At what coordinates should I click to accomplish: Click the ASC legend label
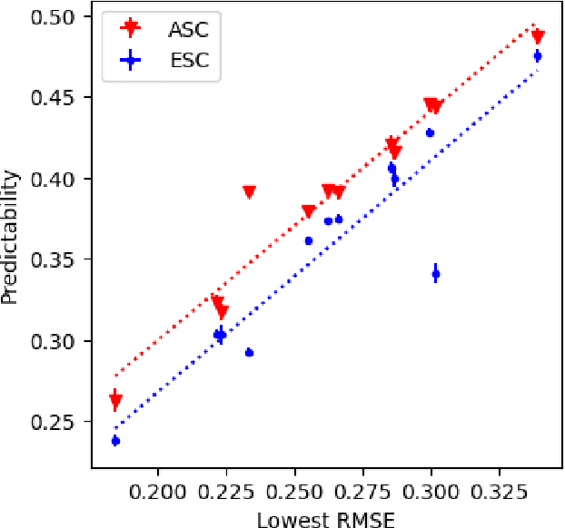[188, 29]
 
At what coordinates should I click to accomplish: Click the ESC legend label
[188, 61]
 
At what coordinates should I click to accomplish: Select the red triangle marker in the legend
[133, 29]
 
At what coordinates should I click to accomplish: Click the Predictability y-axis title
[11, 240]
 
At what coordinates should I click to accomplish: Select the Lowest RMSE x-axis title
[325, 518]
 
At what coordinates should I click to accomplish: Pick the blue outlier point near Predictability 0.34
[435, 273]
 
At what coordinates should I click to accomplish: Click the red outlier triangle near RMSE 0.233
[249, 192]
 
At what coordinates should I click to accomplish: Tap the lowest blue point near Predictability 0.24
[115, 441]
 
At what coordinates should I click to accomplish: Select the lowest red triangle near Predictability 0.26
[115, 400]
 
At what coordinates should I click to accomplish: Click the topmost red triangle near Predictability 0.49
[538, 36]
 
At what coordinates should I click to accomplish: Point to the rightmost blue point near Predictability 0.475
[538, 56]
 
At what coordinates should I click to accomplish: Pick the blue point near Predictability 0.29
[249, 352]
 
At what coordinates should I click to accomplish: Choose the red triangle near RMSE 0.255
[309, 212]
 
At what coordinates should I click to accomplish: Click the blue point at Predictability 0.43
[430, 132]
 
